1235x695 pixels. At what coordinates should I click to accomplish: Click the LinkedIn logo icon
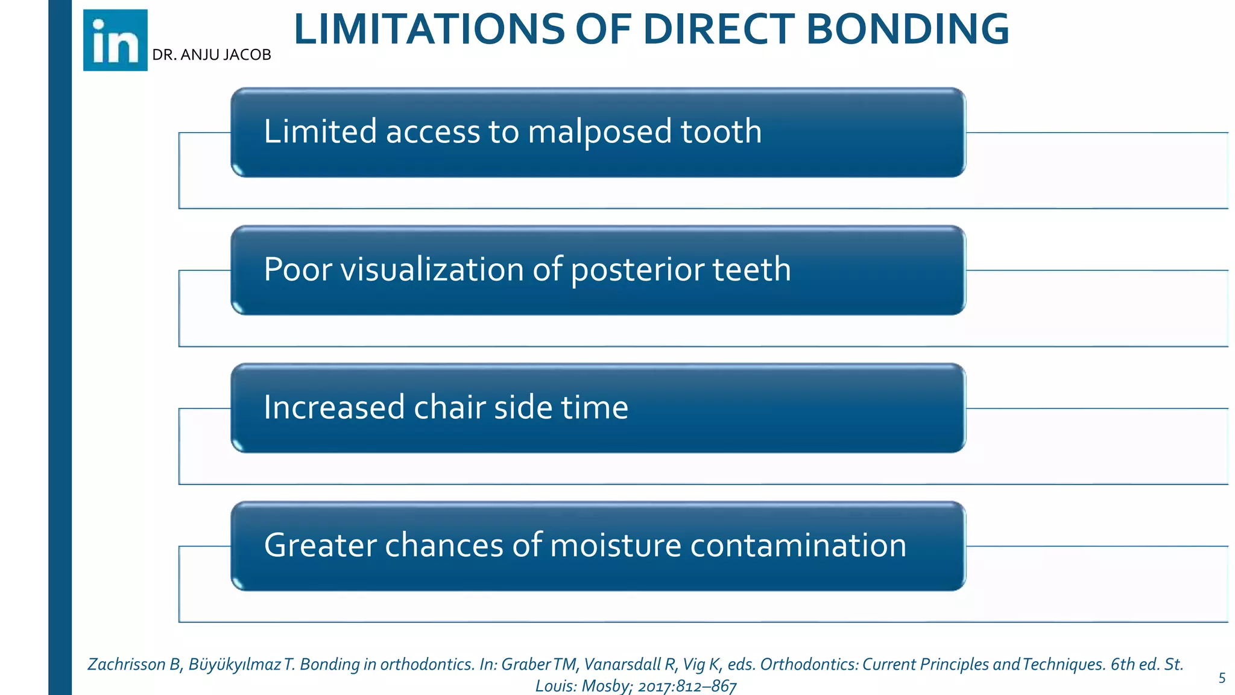pos(115,40)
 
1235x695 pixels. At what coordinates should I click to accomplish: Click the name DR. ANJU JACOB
pos(212,55)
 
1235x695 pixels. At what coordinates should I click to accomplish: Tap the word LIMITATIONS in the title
pos(429,30)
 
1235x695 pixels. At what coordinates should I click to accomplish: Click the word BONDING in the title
pos(907,30)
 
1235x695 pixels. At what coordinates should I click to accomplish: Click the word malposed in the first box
pos(600,132)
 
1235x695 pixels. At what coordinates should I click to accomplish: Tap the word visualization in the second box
pos(431,269)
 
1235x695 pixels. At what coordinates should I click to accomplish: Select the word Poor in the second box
pos(297,270)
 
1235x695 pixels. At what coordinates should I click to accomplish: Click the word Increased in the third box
pos(333,407)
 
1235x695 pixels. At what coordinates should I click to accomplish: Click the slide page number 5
pos(1222,678)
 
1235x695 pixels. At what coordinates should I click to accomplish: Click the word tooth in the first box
pos(721,132)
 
